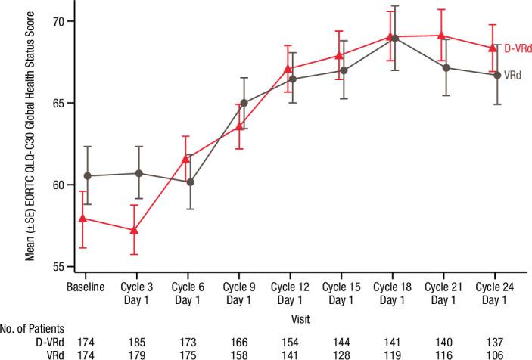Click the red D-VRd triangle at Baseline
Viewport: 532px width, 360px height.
point(82,219)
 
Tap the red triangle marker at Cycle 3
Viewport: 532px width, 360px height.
point(134,229)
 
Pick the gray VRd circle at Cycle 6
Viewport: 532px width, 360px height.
point(191,182)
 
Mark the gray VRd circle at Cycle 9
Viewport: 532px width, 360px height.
point(244,103)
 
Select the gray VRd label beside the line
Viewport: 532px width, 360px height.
point(515,77)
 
